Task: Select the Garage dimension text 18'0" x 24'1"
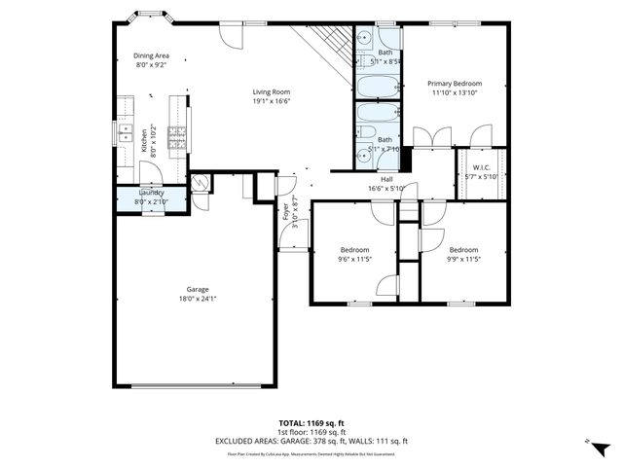tap(198, 300)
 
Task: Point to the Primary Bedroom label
tap(456, 84)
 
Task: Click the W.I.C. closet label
tap(480, 167)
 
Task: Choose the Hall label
tap(386, 179)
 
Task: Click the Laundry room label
tap(151, 193)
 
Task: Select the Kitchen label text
tap(144, 141)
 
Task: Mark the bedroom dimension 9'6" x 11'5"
tap(354, 259)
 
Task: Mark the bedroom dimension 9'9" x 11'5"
tap(463, 259)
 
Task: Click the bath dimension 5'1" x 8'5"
tap(386, 61)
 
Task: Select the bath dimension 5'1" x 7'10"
tap(386, 149)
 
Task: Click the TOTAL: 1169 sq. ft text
tap(311, 423)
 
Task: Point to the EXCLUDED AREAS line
tap(311, 441)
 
